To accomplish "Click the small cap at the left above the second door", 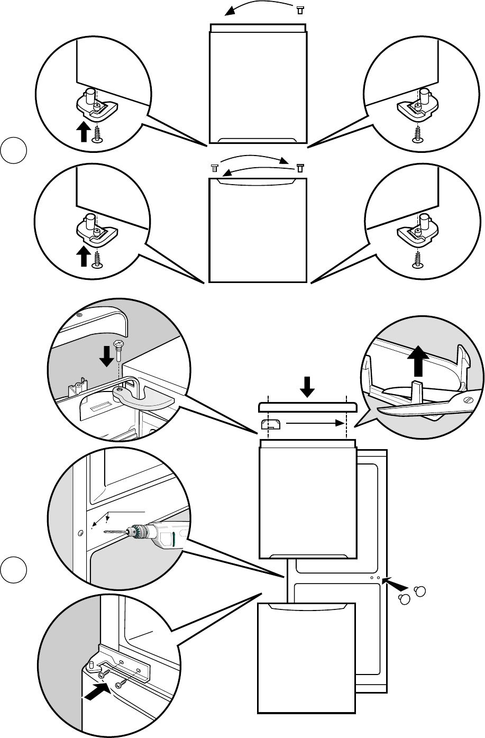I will click(x=214, y=168).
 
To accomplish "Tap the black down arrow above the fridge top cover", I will click(x=307, y=389).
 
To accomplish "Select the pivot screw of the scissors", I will click(x=468, y=401).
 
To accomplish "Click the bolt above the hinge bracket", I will click(x=120, y=349).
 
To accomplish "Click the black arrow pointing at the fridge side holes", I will click(x=399, y=585).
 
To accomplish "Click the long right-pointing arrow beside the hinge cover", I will click(x=312, y=423).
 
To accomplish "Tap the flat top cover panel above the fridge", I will click(x=307, y=407).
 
